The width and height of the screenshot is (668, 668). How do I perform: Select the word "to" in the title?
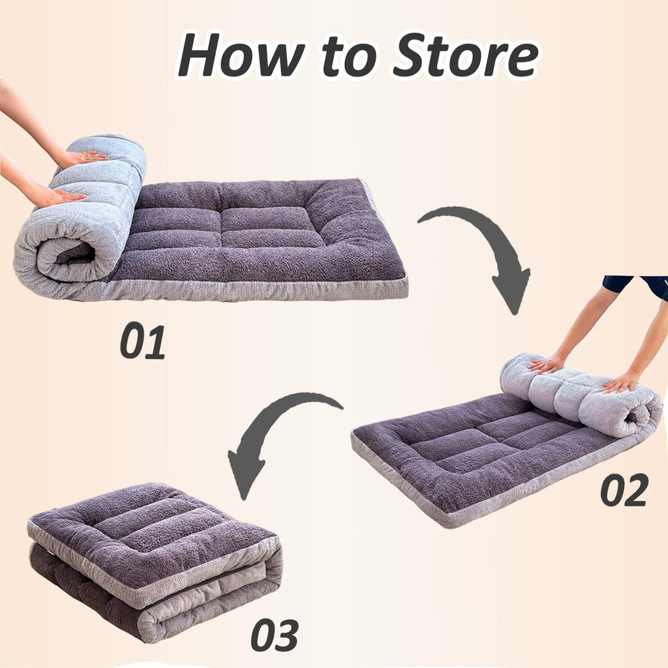point(348,59)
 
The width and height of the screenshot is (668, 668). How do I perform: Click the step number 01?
point(142,341)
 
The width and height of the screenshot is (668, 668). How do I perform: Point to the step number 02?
point(624,491)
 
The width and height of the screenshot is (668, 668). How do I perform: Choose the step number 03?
point(275,634)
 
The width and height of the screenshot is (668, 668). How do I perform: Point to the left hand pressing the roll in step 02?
point(547,364)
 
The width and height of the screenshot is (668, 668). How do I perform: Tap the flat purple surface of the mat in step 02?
point(470,457)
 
